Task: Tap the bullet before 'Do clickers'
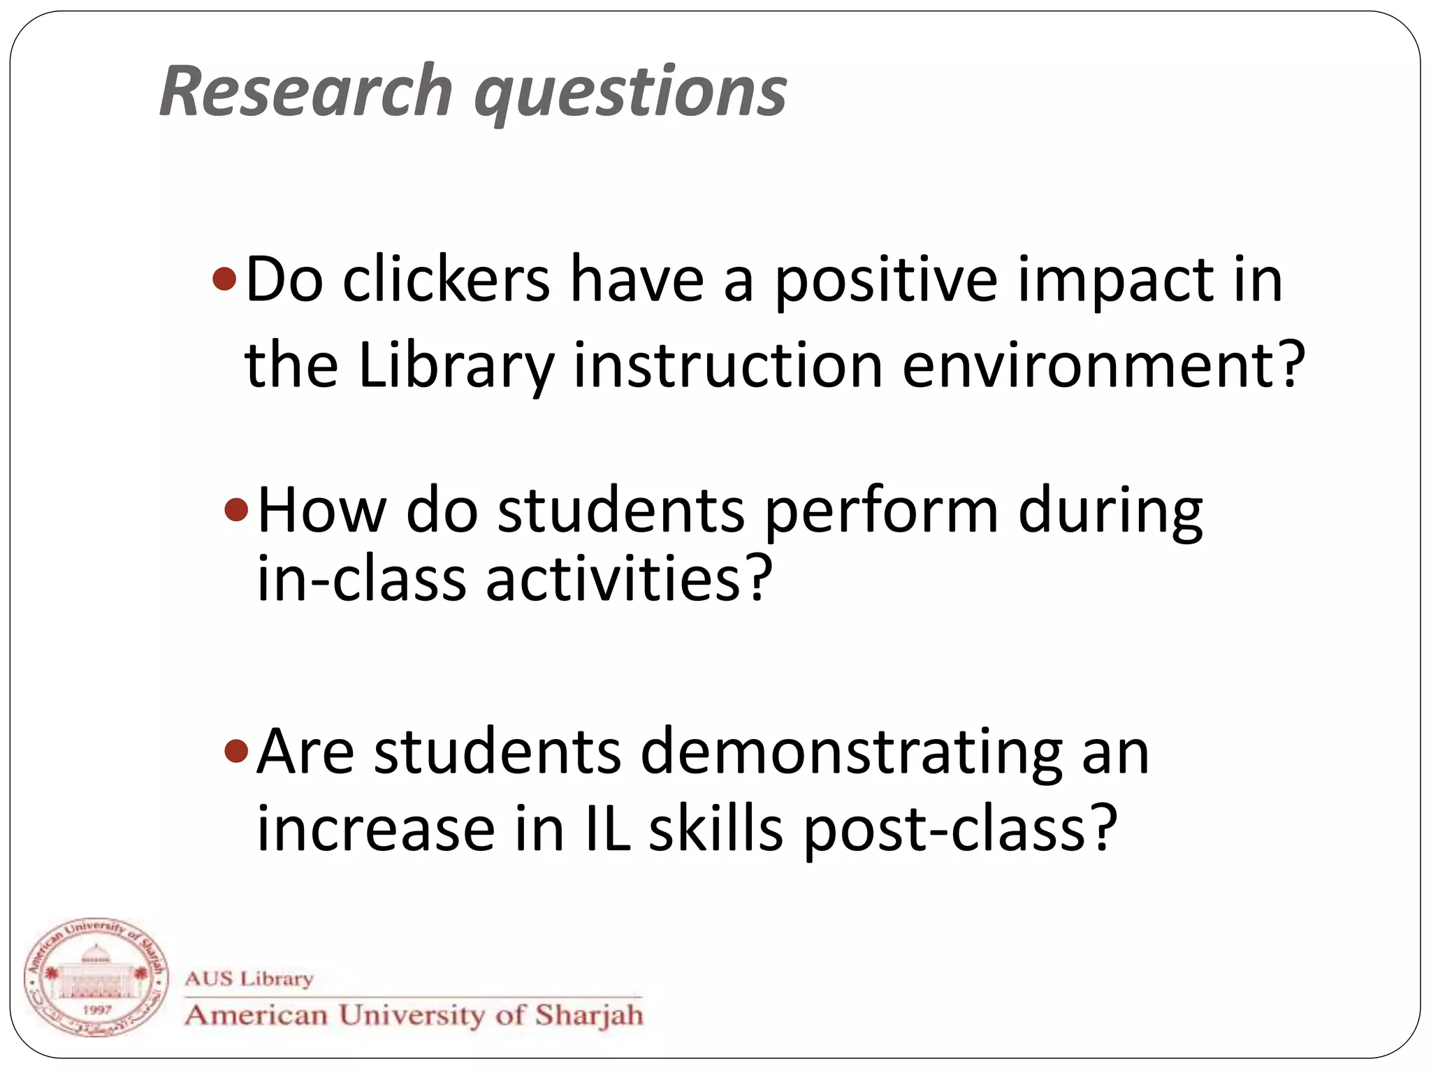224,279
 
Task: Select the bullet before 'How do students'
236,509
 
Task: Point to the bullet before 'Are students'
236,752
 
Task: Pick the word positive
886,281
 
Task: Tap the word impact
1115,281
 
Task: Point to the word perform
881,511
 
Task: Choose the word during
1110,511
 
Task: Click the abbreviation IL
606,829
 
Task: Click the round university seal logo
96,977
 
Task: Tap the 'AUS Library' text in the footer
249,978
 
